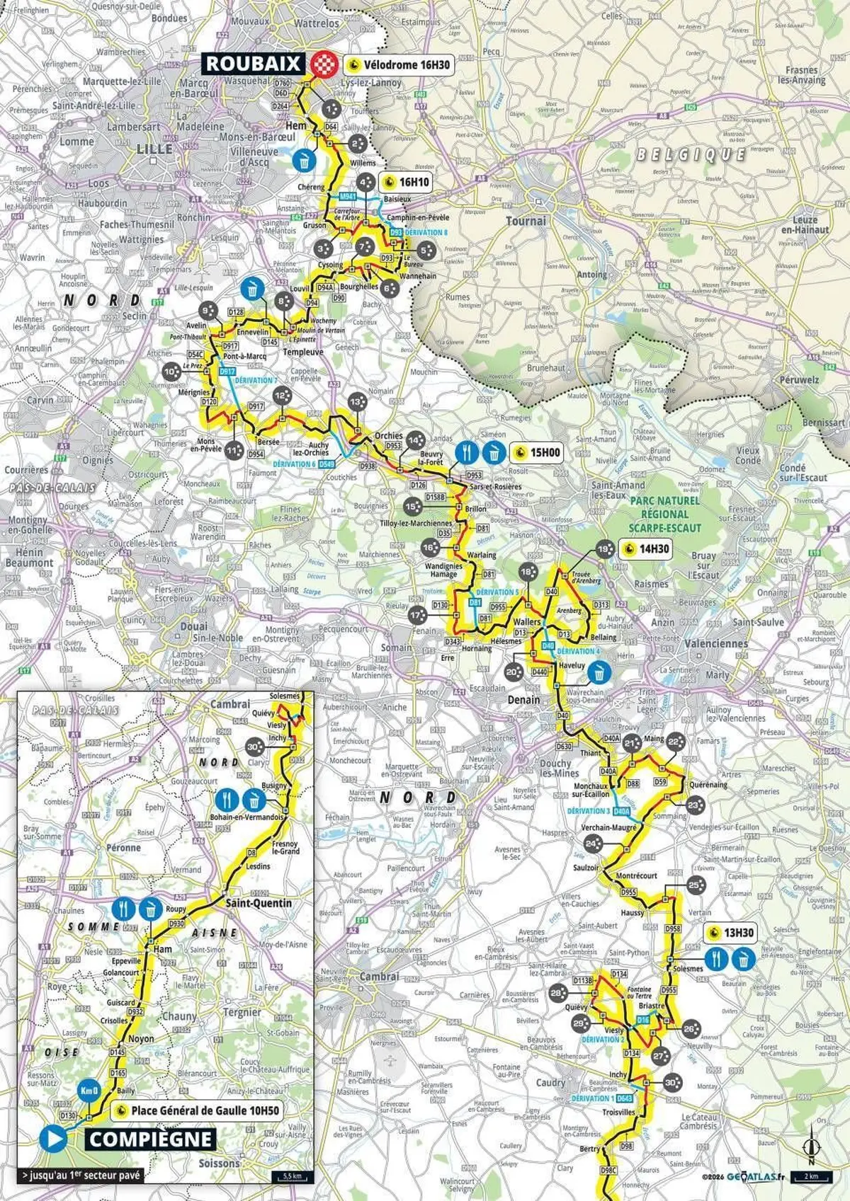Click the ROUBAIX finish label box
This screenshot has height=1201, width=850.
point(254,63)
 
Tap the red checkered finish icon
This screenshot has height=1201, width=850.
point(325,63)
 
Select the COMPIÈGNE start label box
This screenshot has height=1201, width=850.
point(151,1139)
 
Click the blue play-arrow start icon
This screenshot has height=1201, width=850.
point(53,1138)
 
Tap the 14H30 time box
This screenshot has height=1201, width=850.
point(645,548)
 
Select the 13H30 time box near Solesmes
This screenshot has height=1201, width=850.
point(730,933)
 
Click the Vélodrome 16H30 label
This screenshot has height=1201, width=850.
point(398,64)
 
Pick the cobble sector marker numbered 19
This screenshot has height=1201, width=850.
point(603,549)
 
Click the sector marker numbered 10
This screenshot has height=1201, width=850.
point(170,372)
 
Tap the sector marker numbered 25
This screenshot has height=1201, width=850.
point(695,885)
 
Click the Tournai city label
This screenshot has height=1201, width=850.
point(526,221)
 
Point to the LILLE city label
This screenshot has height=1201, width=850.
point(155,149)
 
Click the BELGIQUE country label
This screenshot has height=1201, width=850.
point(690,154)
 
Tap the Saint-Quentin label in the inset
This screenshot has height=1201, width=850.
point(258,903)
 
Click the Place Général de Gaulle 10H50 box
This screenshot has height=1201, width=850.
point(197,1110)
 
